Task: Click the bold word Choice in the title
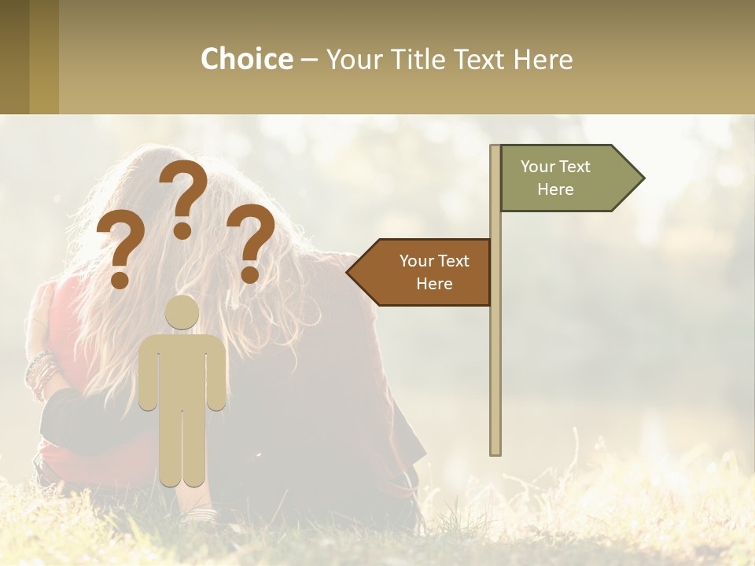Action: pos(246,59)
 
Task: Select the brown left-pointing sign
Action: pos(425,272)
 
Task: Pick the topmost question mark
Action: pos(183,193)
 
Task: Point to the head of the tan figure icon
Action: pos(182,312)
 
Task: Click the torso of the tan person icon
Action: pos(182,369)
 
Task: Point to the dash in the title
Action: pos(309,60)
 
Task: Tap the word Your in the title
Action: pos(353,59)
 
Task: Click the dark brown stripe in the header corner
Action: pos(14,57)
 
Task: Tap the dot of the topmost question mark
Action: pos(182,230)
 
